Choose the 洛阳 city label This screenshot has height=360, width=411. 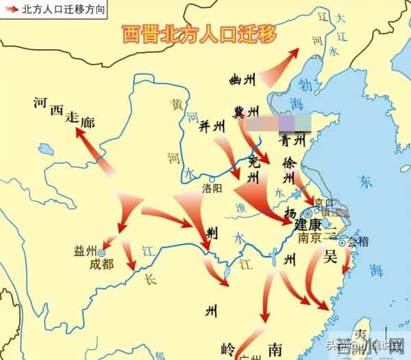[213, 187]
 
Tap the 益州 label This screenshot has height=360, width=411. [86, 252]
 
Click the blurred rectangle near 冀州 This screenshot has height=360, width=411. [280, 124]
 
